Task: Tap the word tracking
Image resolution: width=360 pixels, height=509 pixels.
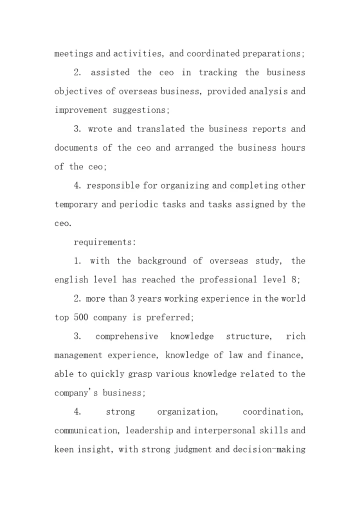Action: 218,72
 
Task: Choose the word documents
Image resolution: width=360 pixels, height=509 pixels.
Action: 76,148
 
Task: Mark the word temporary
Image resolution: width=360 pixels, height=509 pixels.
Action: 75,204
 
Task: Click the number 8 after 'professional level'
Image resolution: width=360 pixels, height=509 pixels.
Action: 297,280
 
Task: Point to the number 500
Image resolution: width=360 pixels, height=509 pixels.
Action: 81,317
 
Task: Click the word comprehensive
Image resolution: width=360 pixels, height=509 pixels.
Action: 126,336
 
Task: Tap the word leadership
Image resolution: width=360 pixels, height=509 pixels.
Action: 149,430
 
